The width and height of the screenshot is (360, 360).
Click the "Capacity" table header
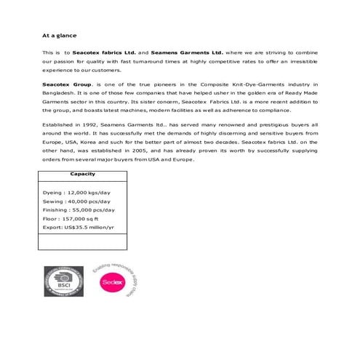tap(82, 175)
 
